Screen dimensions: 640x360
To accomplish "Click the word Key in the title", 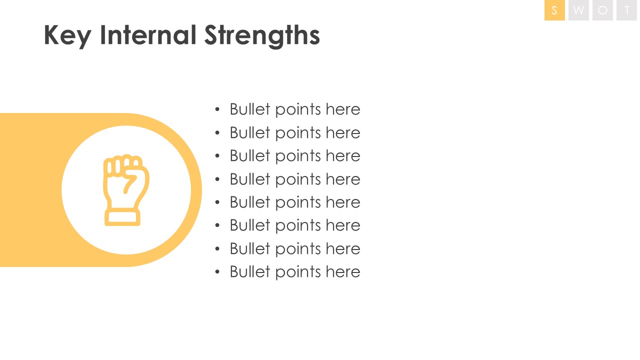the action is pos(67,35).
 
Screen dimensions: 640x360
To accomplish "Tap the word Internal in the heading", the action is pos(148,34).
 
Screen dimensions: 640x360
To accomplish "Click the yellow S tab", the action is pos(554,10).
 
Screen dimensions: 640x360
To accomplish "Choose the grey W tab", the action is pos(578,10).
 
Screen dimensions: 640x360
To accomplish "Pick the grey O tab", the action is pos(602,10).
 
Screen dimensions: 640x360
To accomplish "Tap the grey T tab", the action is pos(626,10).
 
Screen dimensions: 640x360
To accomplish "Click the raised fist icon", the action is pos(126,190).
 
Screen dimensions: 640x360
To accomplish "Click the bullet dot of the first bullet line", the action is pos(217,109).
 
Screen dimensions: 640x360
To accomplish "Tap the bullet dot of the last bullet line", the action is pos(217,271).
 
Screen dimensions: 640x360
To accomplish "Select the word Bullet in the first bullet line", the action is pos(250,109).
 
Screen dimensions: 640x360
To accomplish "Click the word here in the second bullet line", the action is pos(343,132).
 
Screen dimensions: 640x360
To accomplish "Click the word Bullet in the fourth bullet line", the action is pos(250,179).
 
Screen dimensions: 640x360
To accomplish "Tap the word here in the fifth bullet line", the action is pos(343,202).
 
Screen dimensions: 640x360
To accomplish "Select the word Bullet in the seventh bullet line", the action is pos(250,248).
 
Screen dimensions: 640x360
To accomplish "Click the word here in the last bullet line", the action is pos(343,271).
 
